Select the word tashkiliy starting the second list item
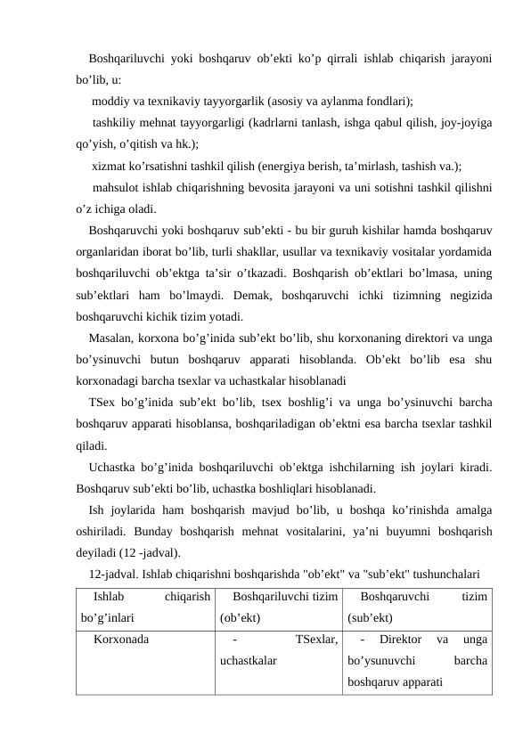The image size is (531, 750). [114, 122]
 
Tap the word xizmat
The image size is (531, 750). [109, 166]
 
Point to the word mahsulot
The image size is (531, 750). [116, 187]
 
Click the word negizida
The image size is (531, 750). [470, 294]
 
